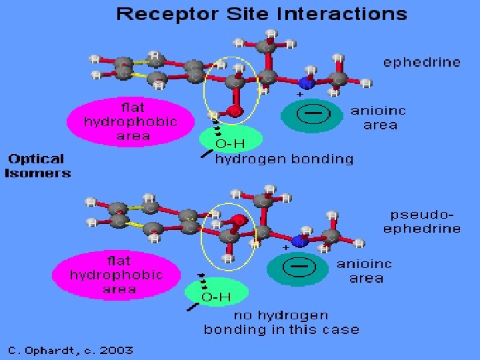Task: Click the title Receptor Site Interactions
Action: click(x=261, y=14)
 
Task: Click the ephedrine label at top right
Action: click(x=421, y=63)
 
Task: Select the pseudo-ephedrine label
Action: click(x=425, y=222)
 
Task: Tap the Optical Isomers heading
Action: click(x=38, y=166)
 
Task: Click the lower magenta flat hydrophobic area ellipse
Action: click(x=116, y=275)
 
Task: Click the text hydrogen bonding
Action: click(x=284, y=159)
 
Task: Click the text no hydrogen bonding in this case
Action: click(x=281, y=323)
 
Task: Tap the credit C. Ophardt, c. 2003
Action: click(x=70, y=350)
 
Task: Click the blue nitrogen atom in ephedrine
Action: click(x=306, y=83)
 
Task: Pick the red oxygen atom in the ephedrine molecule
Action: click(x=234, y=111)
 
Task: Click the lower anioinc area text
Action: click(x=365, y=271)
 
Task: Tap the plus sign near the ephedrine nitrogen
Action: click(x=299, y=95)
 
